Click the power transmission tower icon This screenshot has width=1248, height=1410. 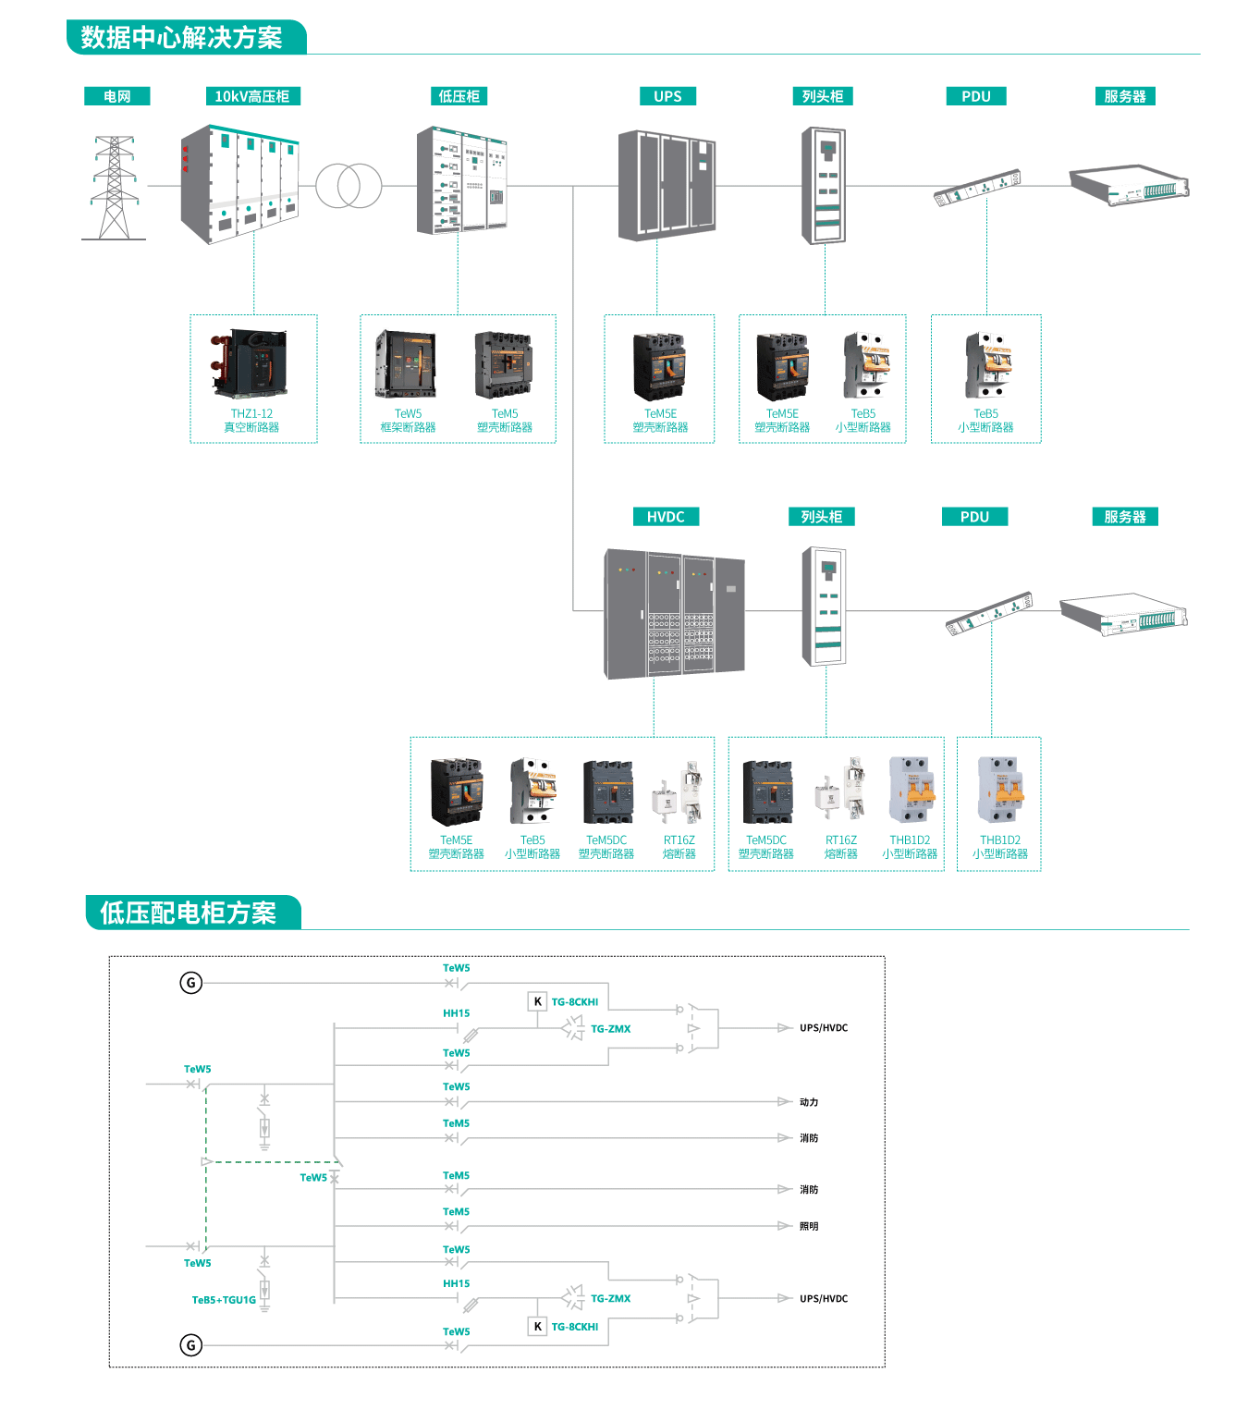point(114,188)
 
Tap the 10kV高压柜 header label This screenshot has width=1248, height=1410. point(251,96)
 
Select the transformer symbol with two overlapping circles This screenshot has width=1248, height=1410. point(349,186)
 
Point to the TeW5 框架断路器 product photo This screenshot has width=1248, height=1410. point(406,364)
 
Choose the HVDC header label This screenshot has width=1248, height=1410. point(666,517)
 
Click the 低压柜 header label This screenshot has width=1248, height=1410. point(459,96)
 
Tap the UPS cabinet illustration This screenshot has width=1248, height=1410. point(667,185)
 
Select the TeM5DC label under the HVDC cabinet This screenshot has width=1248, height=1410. point(606,840)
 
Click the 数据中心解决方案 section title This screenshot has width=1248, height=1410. point(182,38)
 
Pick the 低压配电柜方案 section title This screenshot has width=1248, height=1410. point(189,913)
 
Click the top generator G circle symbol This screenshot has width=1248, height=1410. point(190,983)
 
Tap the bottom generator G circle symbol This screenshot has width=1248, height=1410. point(190,1345)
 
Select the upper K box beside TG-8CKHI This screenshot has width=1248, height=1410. point(537,1001)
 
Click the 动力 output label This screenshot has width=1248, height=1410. point(809,1102)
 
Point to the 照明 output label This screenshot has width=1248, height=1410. point(809,1226)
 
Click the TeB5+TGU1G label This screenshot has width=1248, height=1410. point(224,1300)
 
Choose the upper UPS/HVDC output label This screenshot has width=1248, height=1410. point(824,1028)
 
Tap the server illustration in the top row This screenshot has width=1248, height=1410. point(1129,185)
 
